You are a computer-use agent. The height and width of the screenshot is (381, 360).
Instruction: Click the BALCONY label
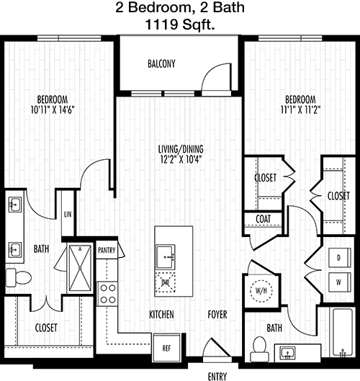[x=161, y=63]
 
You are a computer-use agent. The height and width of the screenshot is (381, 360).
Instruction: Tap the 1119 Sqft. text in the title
[x=180, y=24]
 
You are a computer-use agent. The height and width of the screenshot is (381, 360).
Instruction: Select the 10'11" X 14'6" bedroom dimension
[x=53, y=109]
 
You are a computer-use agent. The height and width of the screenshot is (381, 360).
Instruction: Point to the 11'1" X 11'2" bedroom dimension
[x=300, y=109]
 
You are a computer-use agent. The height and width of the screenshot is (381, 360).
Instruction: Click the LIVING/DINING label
[x=181, y=149]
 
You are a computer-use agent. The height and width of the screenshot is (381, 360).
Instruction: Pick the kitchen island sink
[x=166, y=256]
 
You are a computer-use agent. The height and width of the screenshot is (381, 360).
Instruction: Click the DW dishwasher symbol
[x=166, y=282]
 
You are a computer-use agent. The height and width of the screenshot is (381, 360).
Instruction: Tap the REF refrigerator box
[x=166, y=348]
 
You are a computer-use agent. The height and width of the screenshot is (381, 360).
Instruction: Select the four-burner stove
[x=107, y=294]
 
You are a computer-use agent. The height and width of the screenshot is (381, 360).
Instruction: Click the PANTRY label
[x=107, y=250]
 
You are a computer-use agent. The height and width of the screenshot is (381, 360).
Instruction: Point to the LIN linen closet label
[x=68, y=215]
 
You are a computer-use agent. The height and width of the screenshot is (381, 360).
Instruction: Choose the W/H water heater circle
[x=261, y=291]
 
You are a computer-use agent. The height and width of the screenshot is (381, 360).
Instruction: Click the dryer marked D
[x=340, y=258]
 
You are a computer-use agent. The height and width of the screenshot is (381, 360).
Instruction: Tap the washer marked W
[x=340, y=282]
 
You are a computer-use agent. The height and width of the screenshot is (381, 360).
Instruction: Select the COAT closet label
[x=264, y=219]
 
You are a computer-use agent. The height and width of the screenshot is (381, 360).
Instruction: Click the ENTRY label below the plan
[x=217, y=377]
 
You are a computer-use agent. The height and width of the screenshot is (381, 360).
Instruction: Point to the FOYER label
[x=217, y=315]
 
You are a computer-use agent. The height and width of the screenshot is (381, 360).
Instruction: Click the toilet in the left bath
[x=19, y=277]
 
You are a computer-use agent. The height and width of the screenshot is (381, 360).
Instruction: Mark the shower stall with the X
[x=80, y=268]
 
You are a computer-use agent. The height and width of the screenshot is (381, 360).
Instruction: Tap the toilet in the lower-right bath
[x=259, y=349]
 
